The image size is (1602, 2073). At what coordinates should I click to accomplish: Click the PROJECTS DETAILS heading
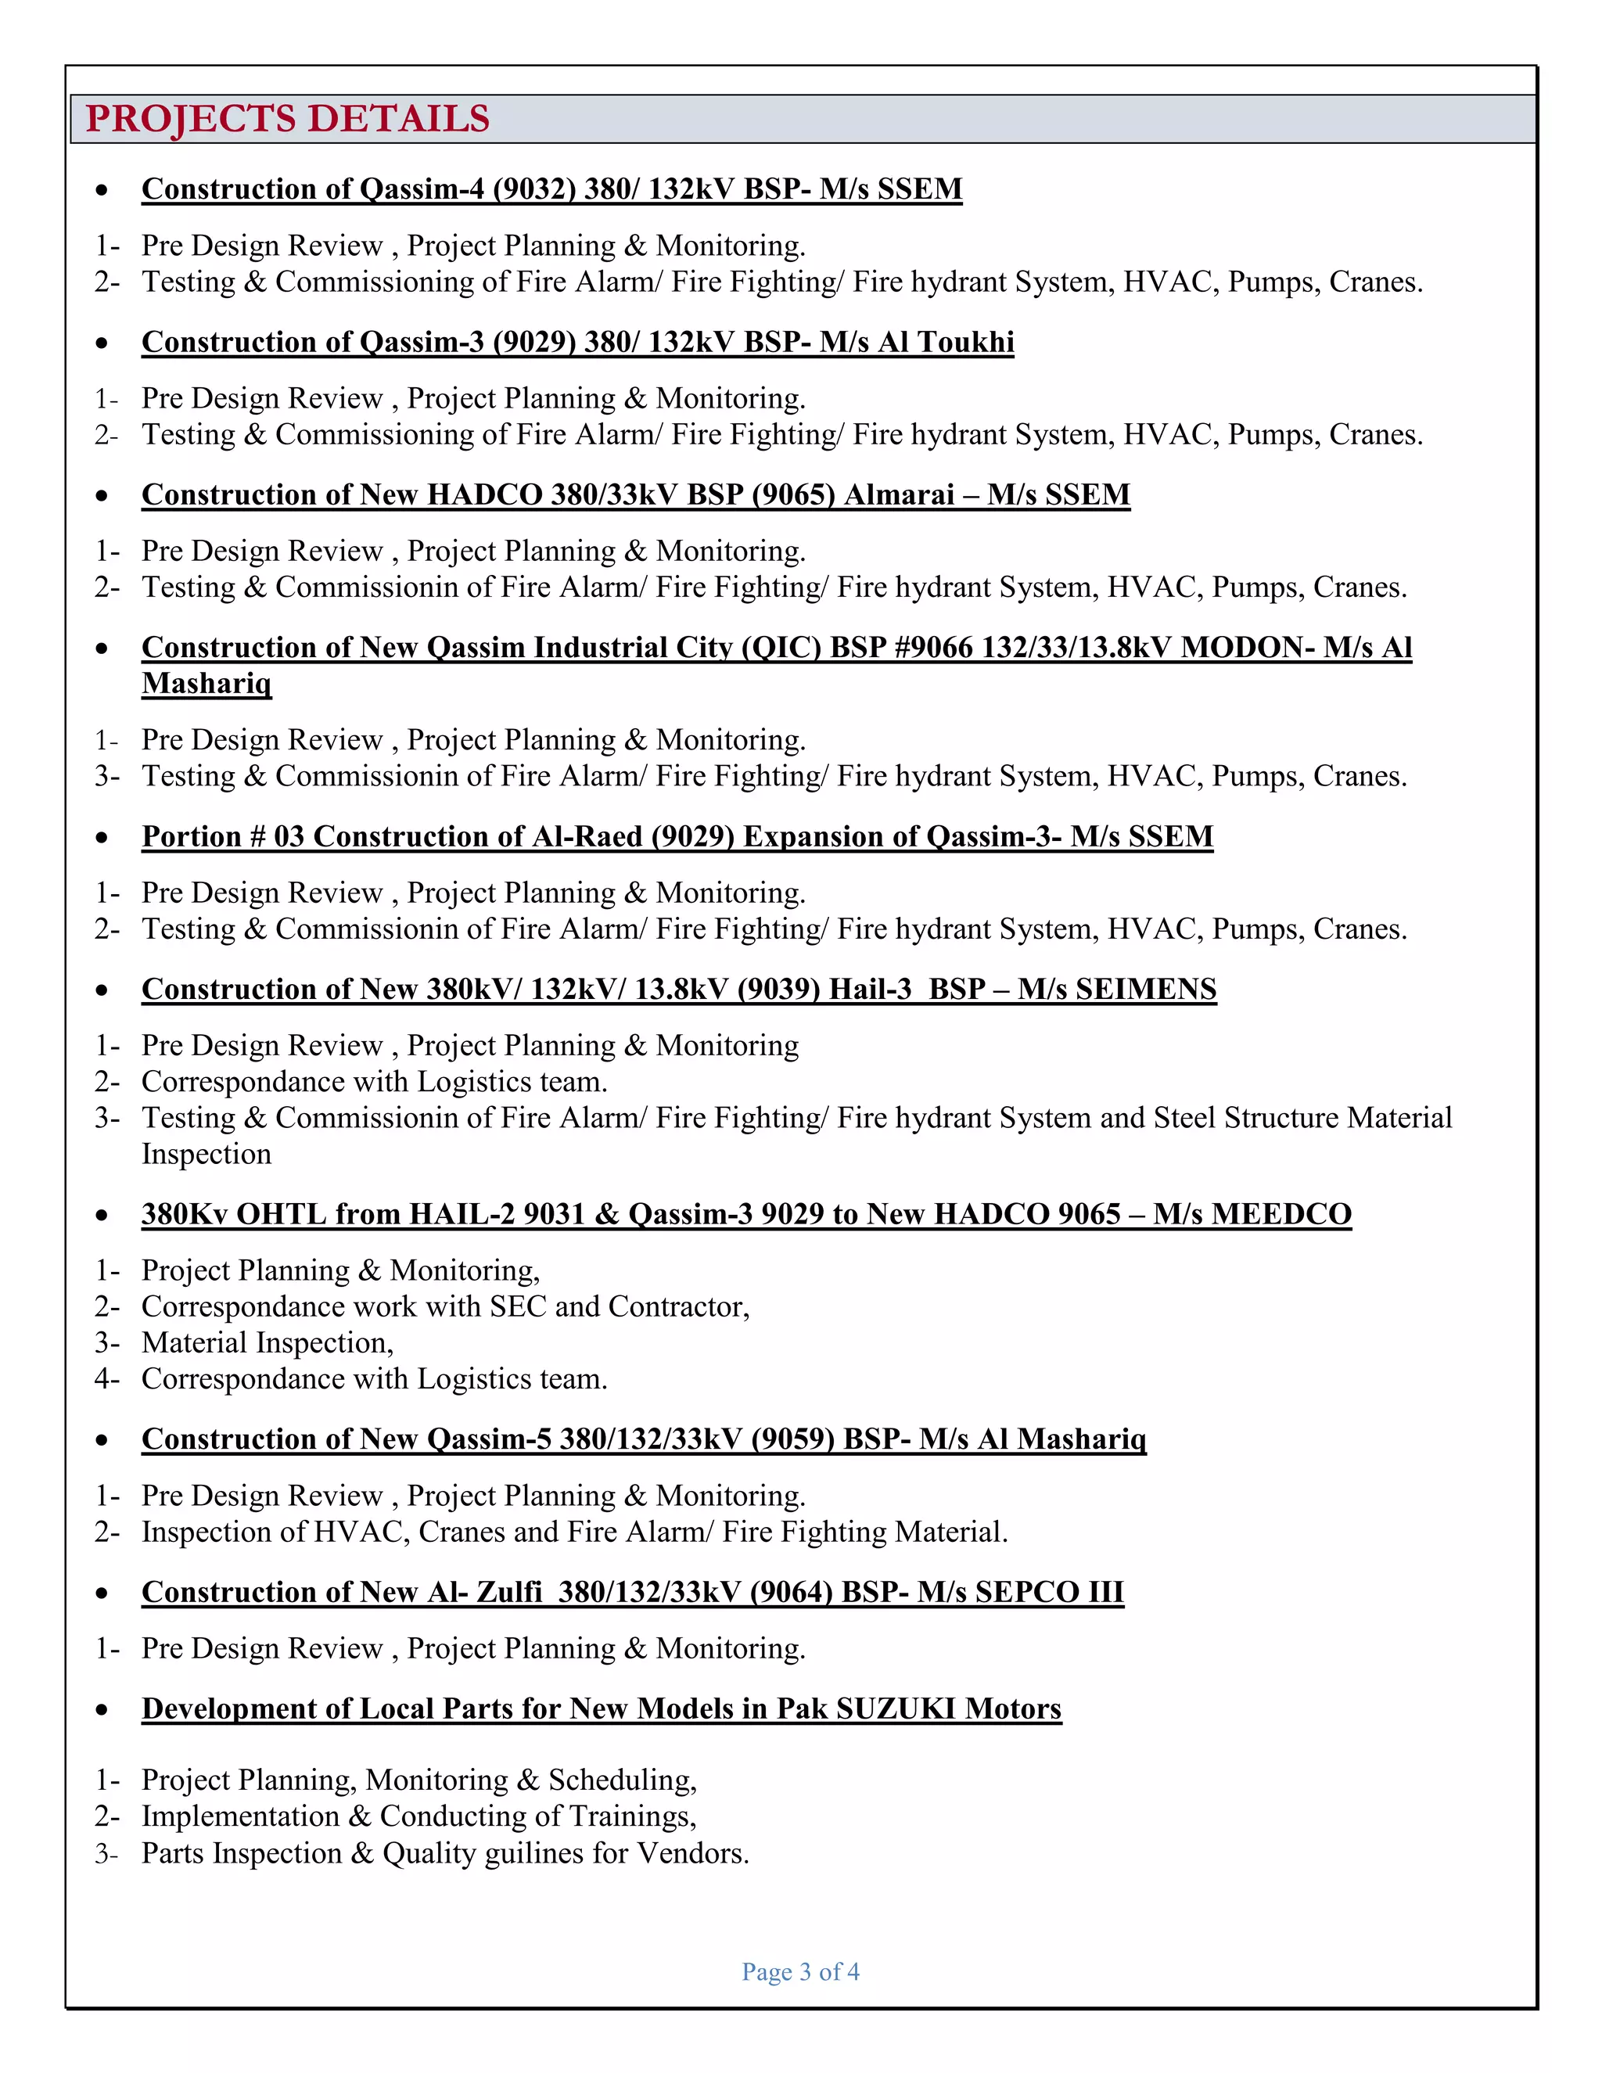[288, 119]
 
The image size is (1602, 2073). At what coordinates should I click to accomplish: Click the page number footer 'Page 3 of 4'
[800, 1971]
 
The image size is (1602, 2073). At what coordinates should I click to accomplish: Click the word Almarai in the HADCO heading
[899, 494]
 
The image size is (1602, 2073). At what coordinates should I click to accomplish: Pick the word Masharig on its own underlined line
[206, 684]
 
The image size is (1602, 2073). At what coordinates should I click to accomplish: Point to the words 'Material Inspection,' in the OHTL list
[267, 1343]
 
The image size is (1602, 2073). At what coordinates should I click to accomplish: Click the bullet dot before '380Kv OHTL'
[102, 1216]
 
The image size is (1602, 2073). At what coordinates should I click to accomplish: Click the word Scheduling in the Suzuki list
[622, 1780]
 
